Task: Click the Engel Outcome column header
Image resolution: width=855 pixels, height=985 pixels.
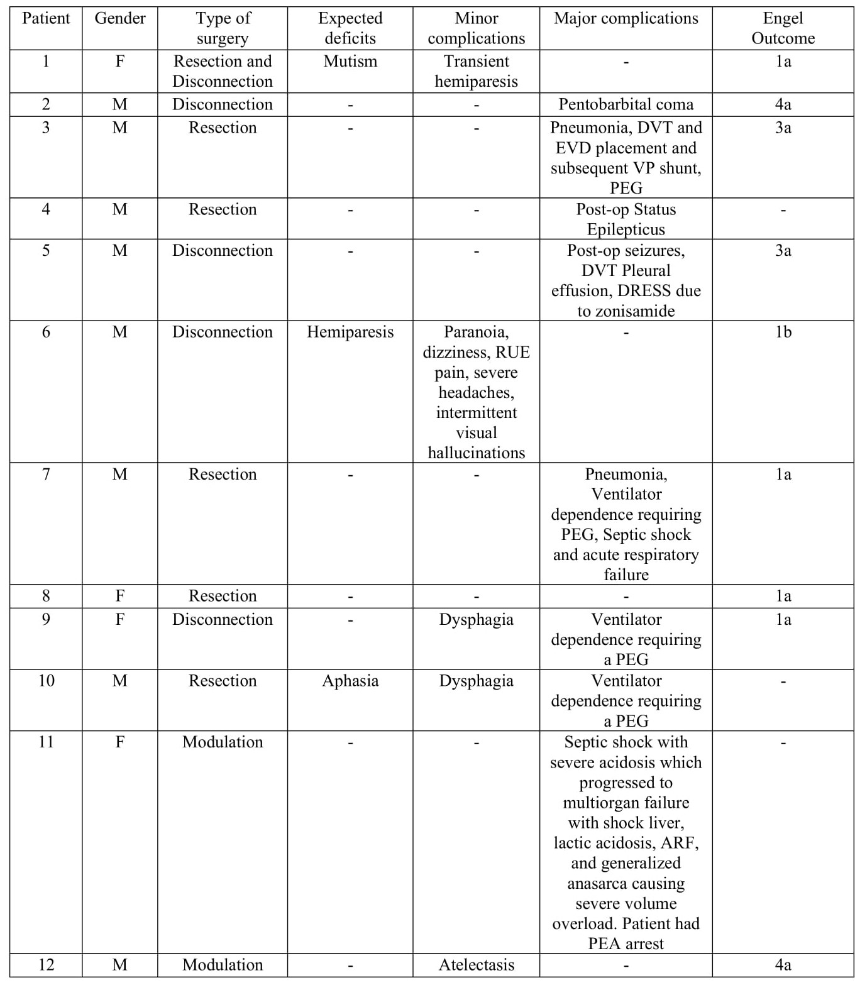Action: coord(783,28)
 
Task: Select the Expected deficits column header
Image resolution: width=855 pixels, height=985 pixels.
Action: coord(350,28)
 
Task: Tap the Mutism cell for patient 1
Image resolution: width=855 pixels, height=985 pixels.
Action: coord(350,62)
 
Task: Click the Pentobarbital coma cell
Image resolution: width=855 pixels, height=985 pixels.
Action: coord(626,104)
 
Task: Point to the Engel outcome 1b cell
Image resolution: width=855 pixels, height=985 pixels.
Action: coord(783,332)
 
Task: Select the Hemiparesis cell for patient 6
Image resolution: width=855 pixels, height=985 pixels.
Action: coord(350,332)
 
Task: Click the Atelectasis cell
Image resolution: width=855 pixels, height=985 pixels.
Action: coord(476,965)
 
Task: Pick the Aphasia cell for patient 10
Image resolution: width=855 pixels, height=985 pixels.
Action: coord(350,681)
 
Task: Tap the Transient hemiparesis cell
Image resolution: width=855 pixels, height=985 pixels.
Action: coord(476,72)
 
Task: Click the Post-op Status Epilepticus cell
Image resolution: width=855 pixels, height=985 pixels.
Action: coord(626,219)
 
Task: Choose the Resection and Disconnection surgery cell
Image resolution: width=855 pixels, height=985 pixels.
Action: coord(223,72)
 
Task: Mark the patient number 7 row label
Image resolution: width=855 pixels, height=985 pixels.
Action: coord(46,474)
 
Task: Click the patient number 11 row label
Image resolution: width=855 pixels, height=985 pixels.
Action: coord(46,742)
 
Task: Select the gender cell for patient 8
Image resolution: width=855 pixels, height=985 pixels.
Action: coord(119,596)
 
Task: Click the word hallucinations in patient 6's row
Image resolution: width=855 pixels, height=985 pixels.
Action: coord(476,453)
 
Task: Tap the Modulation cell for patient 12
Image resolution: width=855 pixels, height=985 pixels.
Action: coord(223,965)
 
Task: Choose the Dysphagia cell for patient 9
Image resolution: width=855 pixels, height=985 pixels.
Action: coord(476,619)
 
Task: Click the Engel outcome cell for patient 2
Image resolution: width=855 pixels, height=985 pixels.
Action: coord(783,104)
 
